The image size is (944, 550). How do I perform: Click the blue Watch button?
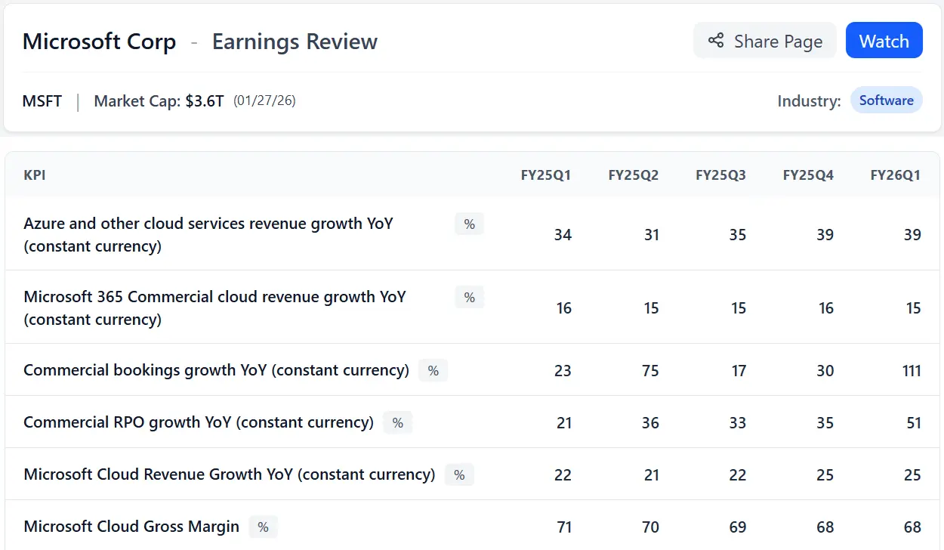pos(884,41)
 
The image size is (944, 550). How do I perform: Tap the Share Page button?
pos(764,41)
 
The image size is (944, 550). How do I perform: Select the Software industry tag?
pos(886,100)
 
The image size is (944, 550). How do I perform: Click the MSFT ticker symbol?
pos(42,101)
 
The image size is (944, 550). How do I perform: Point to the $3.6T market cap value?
pos(205,101)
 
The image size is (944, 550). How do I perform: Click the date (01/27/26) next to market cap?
pos(264,100)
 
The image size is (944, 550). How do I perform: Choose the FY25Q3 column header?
pos(720,175)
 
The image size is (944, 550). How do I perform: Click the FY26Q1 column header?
pos(895,175)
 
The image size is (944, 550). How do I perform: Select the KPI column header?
pos(35,175)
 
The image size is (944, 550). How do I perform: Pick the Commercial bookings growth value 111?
pos(911,371)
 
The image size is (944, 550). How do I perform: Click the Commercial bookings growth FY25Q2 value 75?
pos(650,371)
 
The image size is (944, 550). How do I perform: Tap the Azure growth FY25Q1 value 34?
pos(563,235)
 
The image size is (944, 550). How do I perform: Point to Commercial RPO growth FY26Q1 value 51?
pos(913,423)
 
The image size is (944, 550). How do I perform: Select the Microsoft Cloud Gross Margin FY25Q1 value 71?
pos(563,527)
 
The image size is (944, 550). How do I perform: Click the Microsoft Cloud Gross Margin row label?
pos(131,527)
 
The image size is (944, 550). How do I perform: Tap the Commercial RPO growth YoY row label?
pos(199,422)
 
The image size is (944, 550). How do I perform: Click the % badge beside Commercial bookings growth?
pos(433,370)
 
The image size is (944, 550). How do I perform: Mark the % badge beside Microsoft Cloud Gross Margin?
pos(263,527)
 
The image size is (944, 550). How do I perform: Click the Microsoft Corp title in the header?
pos(99,42)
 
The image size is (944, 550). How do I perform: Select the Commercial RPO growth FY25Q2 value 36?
pos(650,423)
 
